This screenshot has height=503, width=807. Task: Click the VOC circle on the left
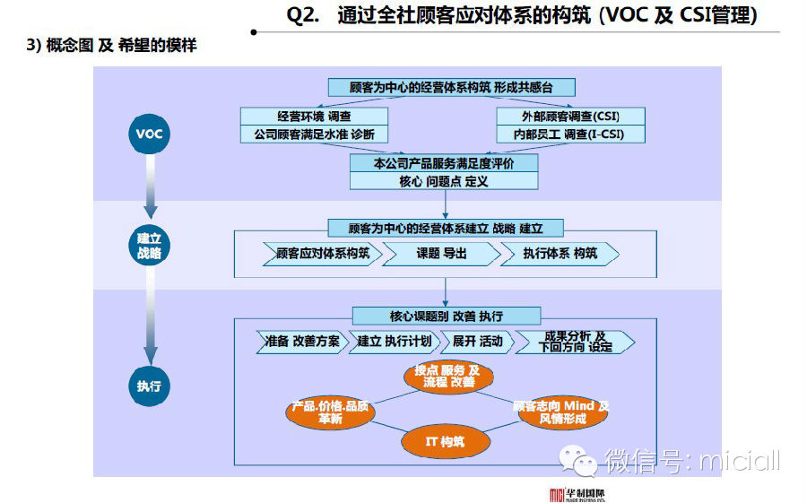(149, 135)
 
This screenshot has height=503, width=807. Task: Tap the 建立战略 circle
(149, 246)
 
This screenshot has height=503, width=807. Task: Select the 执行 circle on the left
(149, 386)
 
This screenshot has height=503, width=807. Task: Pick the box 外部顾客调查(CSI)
(570, 117)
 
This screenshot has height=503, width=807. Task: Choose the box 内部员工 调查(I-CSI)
(570, 134)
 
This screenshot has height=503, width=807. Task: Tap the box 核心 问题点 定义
(444, 180)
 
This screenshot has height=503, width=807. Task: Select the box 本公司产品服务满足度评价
(444, 163)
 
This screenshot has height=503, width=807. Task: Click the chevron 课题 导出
(440, 254)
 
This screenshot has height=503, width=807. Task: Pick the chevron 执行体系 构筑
(560, 254)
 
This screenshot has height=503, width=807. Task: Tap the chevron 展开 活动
(476, 342)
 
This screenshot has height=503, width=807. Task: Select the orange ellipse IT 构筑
(446, 441)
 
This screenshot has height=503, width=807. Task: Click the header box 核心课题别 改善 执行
(446, 317)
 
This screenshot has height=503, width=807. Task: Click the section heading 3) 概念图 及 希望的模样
(111, 46)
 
